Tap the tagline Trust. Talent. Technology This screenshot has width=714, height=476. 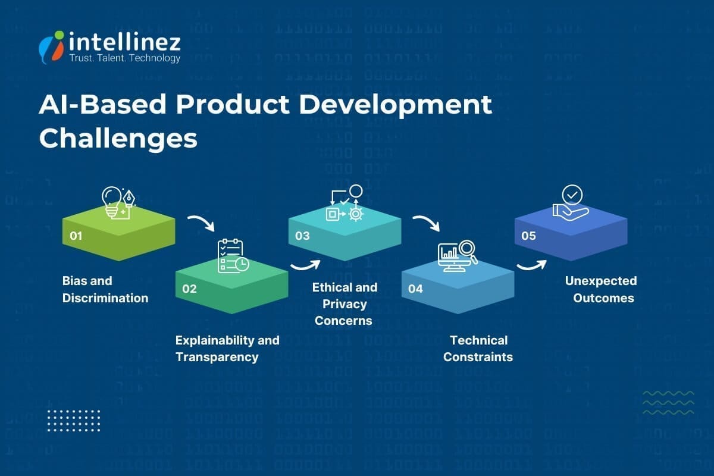(125, 58)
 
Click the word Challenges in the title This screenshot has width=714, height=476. (118, 138)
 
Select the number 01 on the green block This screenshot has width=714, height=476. (76, 236)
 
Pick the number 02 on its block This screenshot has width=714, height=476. (189, 289)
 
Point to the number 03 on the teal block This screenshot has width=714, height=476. (302, 236)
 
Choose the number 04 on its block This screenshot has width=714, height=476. (415, 289)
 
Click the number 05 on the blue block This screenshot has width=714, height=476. (528, 236)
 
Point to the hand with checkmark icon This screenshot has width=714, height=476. (570, 203)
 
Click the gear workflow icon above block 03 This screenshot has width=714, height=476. (345, 204)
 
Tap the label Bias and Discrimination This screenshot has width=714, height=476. (105, 289)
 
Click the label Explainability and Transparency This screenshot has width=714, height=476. (227, 349)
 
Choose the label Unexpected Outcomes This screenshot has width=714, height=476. (602, 289)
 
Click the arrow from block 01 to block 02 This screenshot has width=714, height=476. (201, 224)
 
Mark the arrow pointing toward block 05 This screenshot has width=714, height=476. (531, 265)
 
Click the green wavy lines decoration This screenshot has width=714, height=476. (668, 403)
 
